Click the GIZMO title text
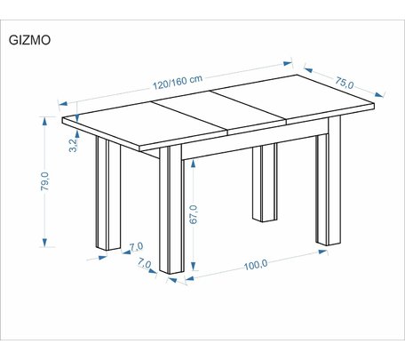(x=29, y=40)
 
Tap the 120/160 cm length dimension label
(x=178, y=82)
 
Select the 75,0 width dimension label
(x=345, y=83)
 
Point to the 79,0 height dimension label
(x=45, y=181)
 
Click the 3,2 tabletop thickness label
(x=73, y=145)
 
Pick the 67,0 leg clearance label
(x=193, y=214)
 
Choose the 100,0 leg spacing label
(x=256, y=265)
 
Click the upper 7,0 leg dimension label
(x=136, y=246)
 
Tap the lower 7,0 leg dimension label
(x=145, y=263)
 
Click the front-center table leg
(x=171, y=210)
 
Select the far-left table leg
(x=108, y=194)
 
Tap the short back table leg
(x=265, y=183)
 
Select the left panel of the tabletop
(x=143, y=125)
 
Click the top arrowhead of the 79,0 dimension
(x=44, y=121)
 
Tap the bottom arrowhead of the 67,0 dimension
(x=194, y=266)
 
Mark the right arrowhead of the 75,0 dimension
(x=379, y=94)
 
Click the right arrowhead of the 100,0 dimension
(x=322, y=252)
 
